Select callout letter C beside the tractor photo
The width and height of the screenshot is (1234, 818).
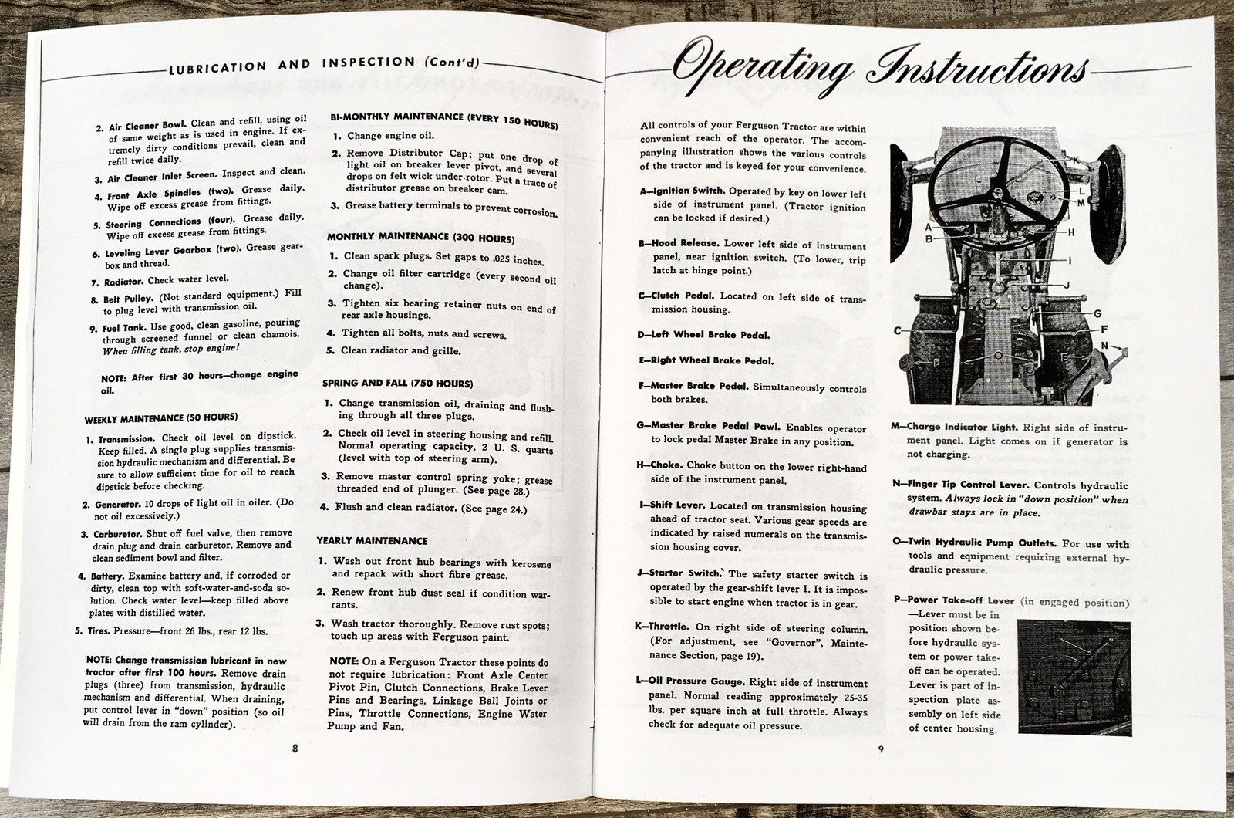(x=899, y=330)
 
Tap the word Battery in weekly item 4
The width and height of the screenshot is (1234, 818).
(x=107, y=576)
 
